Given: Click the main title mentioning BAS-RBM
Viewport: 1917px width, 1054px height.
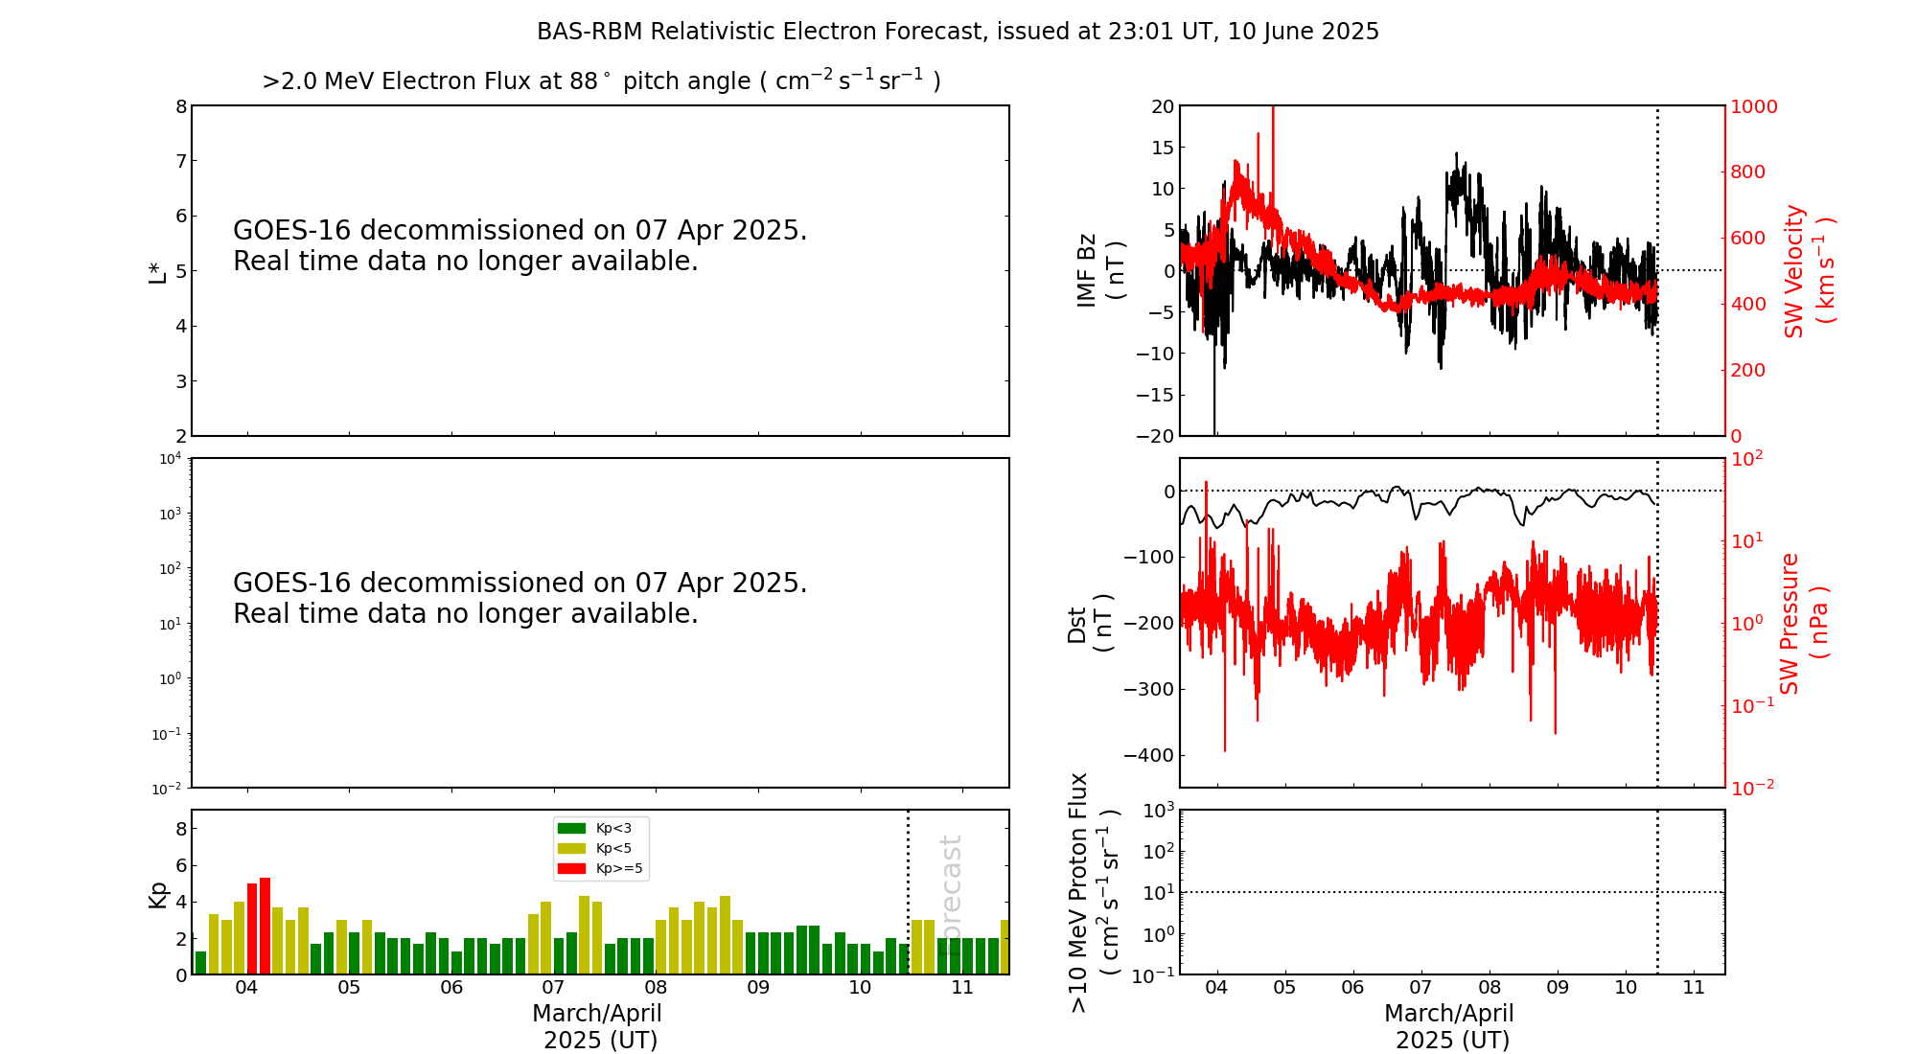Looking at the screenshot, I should [x=958, y=32].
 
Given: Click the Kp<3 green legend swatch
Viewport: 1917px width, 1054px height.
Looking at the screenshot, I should [x=571, y=828].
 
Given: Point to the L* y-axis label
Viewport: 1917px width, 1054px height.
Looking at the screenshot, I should [x=157, y=271].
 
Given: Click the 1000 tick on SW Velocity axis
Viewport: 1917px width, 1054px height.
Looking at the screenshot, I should [x=1753, y=106].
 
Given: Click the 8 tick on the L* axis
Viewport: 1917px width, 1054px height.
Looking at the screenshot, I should [x=181, y=106].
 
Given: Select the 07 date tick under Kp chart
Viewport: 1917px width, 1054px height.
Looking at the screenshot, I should [x=553, y=988].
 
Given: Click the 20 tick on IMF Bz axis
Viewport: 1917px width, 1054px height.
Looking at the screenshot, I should [x=1163, y=106].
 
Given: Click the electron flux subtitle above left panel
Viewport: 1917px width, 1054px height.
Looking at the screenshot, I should [x=601, y=80].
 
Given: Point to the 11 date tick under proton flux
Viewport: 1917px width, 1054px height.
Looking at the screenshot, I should [x=1694, y=988].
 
